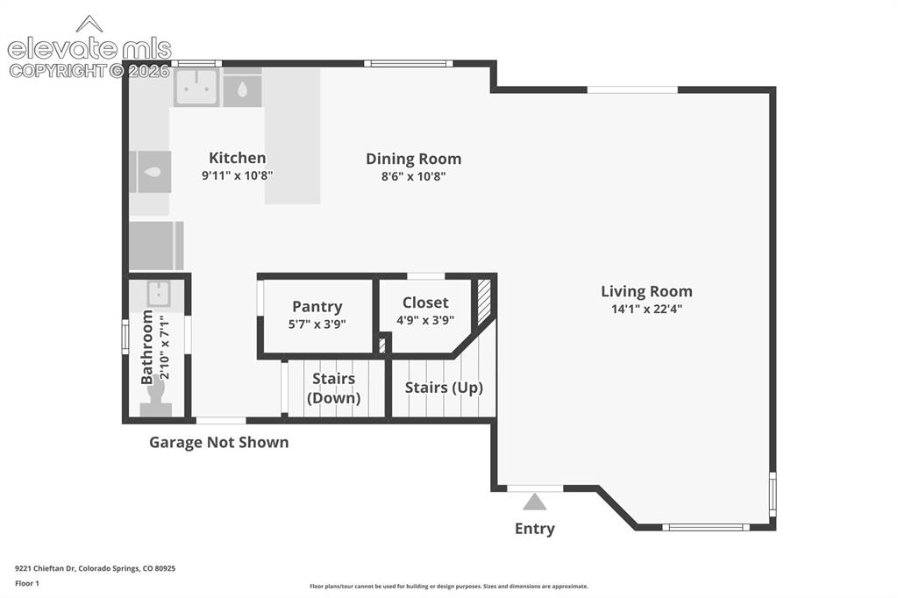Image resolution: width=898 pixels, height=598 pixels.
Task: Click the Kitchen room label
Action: click(x=237, y=158)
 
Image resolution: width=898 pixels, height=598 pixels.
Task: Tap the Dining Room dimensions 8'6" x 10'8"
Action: click(x=414, y=176)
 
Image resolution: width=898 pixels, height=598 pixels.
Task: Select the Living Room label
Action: click(x=646, y=292)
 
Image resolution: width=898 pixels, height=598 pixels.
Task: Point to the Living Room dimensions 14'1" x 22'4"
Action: click(x=646, y=310)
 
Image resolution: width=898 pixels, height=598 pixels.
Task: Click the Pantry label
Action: click(x=317, y=307)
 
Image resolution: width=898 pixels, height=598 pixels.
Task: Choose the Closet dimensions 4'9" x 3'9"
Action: click(x=425, y=320)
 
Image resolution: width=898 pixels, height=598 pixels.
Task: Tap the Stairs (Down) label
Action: click(x=334, y=388)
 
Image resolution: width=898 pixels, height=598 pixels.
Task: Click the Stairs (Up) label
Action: click(x=444, y=388)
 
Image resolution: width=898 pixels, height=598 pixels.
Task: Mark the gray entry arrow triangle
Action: click(x=534, y=502)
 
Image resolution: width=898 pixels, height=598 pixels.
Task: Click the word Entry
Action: click(x=535, y=529)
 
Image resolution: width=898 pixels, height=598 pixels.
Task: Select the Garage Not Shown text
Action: click(x=218, y=442)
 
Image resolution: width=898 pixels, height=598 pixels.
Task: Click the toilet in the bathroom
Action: click(x=156, y=399)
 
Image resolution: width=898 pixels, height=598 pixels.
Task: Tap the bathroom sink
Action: click(x=159, y=294)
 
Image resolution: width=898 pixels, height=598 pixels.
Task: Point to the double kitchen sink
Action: click(x=196, y=88)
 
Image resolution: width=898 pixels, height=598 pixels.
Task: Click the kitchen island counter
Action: click(x=292, y=136)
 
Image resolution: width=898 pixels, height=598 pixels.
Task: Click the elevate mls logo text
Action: click(x=89, y=49)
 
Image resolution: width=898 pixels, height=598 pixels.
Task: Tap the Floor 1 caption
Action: click(x=27, y=584)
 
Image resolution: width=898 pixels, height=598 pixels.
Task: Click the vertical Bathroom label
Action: click(x=147, y=348)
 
